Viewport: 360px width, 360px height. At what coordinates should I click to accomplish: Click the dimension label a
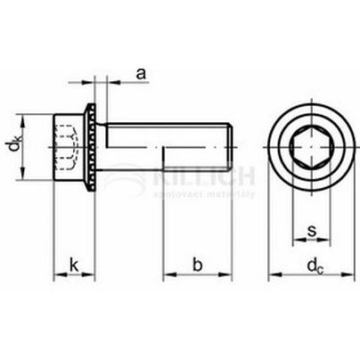(x=142, y=73)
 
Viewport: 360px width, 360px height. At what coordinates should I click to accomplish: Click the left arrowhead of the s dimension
(x=295, y=244)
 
